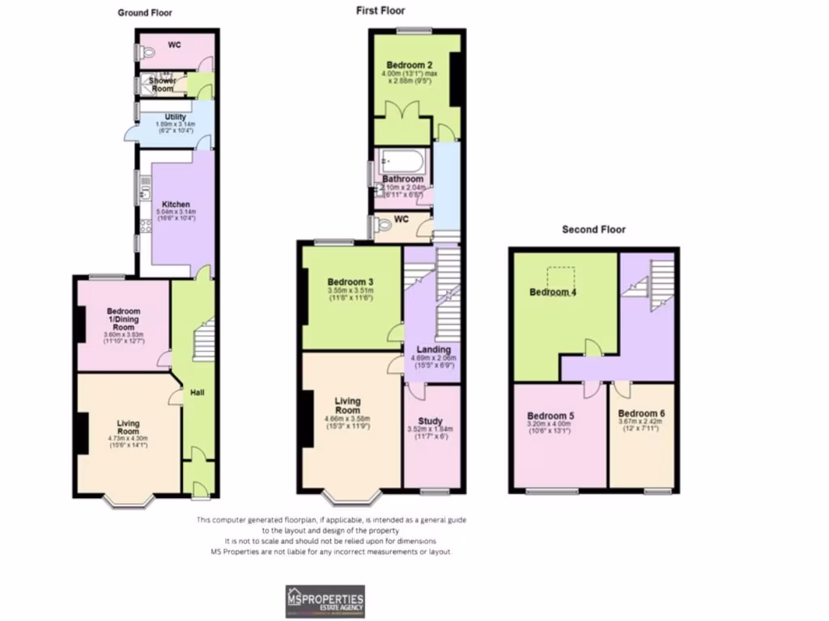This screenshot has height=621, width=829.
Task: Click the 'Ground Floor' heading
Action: (x=145, y=13)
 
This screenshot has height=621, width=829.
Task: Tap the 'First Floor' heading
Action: (x=380, y=11)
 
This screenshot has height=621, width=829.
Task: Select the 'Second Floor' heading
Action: (x=594, y=230)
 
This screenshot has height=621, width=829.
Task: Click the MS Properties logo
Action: (x=325, y=601)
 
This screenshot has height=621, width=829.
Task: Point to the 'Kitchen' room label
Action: (x=176, y=205)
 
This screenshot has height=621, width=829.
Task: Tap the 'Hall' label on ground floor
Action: (x=197, y=393)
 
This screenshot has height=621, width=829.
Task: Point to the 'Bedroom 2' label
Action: (x=410, y=65)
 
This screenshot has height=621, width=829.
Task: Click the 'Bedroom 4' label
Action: (x=553, y=292)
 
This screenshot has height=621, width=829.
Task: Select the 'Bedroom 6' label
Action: (x=646, y=413)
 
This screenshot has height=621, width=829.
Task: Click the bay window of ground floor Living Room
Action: (x=130, y=501)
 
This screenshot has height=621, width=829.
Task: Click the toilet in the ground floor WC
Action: (x=147, y=50)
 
